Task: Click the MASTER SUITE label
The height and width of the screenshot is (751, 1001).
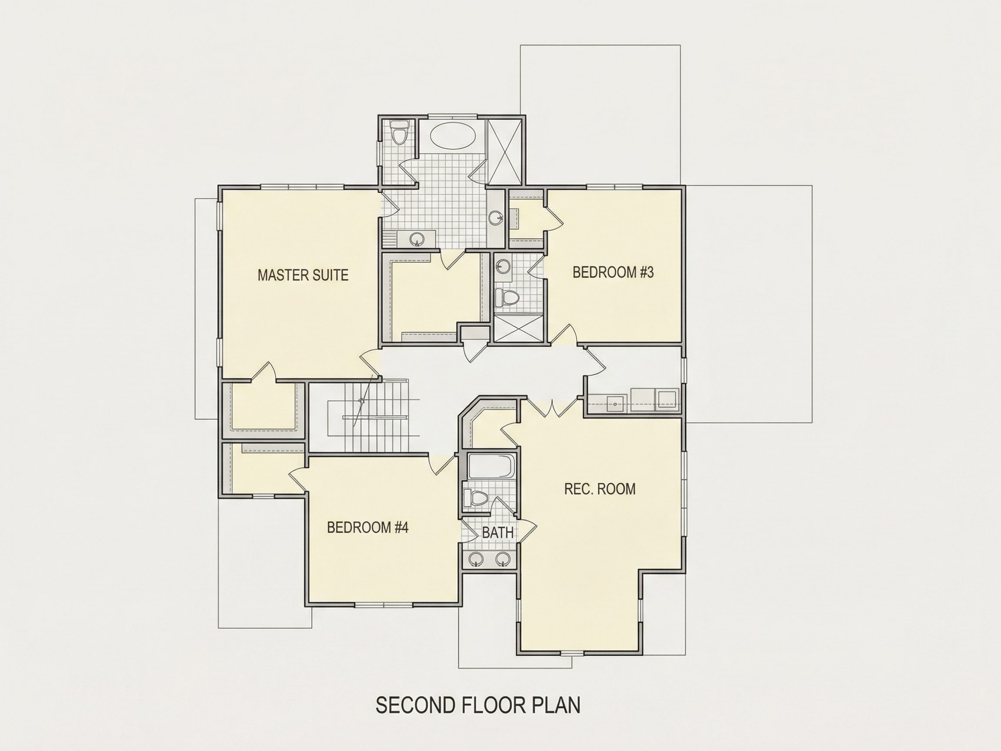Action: coord(303,275)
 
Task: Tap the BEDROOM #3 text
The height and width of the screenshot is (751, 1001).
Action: coord(613,272)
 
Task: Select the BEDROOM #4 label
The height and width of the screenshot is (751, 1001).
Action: coord(368,527)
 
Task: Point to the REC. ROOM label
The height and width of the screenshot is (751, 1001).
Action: coord(600,489)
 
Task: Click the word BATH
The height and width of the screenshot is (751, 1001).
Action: coord(498,533)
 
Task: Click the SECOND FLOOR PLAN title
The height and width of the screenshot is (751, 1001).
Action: coord(478,705)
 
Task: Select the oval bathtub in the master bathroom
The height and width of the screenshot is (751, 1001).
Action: coord(453,135)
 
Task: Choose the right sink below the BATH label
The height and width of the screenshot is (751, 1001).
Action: coord(502,559)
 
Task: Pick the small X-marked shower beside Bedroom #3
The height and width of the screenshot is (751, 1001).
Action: coord(518,328)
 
